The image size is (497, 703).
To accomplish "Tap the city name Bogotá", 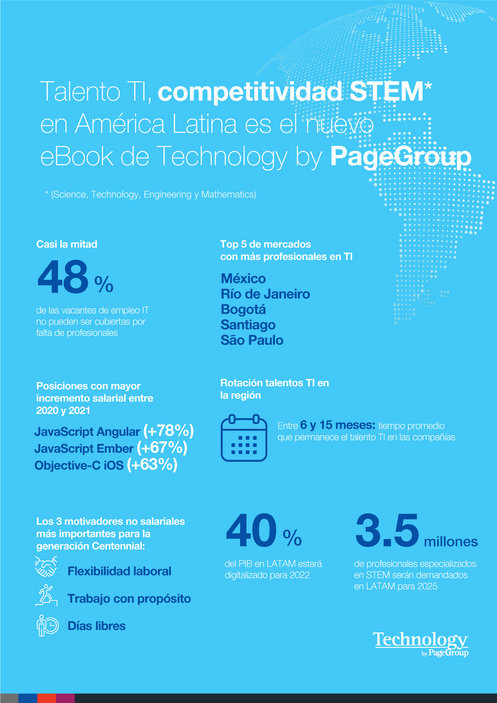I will coord(243,309).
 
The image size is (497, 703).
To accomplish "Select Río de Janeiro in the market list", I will coord(265,294).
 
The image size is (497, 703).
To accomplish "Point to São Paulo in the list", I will coord(252,340).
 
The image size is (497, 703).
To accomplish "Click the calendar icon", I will coord(244,437).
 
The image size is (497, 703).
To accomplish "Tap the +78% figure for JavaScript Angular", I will coord(168,430).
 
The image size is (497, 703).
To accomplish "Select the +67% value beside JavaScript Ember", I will coord(162,448).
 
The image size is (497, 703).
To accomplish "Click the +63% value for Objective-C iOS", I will coord(152,465).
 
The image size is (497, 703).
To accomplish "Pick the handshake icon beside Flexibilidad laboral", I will coord(46,567).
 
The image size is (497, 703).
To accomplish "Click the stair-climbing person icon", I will coord(46,595).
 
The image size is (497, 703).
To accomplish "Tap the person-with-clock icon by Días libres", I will coord(47,626).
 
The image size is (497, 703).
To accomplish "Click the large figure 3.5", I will coord(387,530).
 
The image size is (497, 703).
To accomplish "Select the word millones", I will coord(451,542).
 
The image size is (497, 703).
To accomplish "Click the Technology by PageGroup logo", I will coord(421,643).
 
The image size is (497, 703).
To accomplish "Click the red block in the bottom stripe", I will coord(47,698).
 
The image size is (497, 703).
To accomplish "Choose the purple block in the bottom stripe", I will coord(65,698).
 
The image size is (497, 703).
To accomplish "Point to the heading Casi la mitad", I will coord(67,244).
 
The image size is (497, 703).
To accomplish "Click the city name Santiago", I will coord(248,325).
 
